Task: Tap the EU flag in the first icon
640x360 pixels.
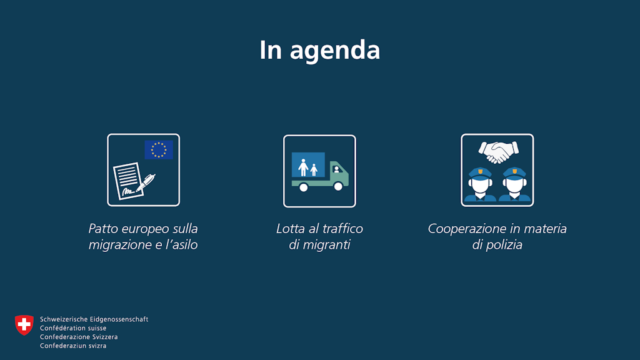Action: [x=159, y=150]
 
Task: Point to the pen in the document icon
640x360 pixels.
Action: [x=146, y=182]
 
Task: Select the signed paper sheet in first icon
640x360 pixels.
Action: [x=128, y=181]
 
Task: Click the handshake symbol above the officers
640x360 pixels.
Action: [x=498, y=152]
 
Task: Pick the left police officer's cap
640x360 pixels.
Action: [x=480, y=172]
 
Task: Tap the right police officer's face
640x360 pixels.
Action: [x=514, y=185]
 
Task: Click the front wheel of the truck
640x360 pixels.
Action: [x=338, y=186]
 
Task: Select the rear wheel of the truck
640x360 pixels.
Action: [x=303, y=187]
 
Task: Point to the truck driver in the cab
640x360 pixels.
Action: [x=336, y=170]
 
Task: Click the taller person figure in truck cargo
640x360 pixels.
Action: [x=303, y=167]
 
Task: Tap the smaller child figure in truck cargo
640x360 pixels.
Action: [x=314, y=170]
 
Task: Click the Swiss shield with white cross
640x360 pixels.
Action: [x=24, y=325]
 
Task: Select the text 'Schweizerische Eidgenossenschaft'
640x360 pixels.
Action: [x=94, y=319]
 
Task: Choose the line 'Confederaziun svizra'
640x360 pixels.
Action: [x=73, y=346]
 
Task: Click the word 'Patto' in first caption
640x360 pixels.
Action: [x=102, y=229]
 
